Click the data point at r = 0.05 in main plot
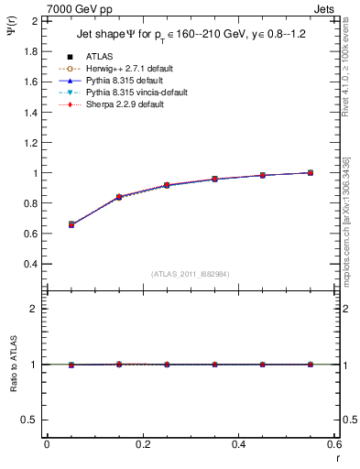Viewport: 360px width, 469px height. click(x=71, y=224)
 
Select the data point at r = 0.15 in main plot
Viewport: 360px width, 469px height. click(x=119, y=197)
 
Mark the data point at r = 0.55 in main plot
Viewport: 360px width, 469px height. click(x=311, y=172)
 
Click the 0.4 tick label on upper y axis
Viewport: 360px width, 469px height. click(x=31, y=264)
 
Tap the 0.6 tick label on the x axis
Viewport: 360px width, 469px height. click(x=333, y=444)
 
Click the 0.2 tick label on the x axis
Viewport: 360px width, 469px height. click(x=143, y=444)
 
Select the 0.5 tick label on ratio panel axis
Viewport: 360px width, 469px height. click(x=31, y=420)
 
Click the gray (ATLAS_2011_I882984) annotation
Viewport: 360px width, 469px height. click(x=191, y=274)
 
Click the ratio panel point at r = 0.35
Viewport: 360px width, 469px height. click(x=215, y=365)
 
